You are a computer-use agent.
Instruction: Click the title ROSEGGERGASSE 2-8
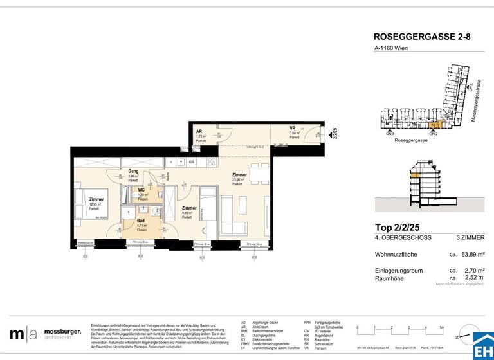(x=421, y=38)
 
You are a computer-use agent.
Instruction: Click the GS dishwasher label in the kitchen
(x=192, y=161)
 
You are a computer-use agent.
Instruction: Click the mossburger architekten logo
(x=46, y=334)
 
